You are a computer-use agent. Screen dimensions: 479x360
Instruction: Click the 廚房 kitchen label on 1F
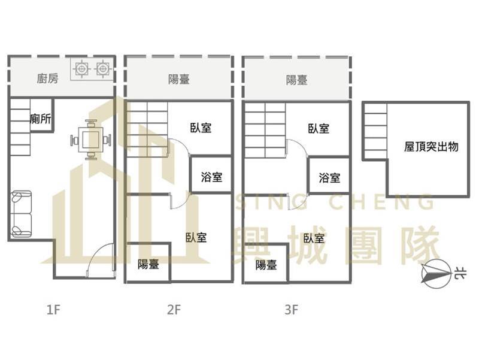coord(47,78)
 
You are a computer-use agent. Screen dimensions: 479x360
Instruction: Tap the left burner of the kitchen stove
coord(81,69)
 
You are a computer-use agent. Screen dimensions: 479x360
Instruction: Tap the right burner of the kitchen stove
coord(102,69)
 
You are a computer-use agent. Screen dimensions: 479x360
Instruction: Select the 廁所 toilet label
coord(40,119)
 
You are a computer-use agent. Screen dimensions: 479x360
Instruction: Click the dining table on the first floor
coord(91,140)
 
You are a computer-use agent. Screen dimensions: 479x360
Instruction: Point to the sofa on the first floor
coord(22,214)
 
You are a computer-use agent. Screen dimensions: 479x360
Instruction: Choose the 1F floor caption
coord(53,310)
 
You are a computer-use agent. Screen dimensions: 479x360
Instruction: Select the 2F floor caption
coord(174,310)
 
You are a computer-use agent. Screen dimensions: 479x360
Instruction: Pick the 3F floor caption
coord(291,310)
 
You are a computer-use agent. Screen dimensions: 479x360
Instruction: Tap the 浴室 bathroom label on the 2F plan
coord(211,177)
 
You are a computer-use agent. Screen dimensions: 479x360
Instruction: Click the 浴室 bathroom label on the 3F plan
coord(329,177)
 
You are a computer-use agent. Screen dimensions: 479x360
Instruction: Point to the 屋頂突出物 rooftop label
coord(431,147)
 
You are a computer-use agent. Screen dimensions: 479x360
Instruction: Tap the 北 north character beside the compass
coord(460,273)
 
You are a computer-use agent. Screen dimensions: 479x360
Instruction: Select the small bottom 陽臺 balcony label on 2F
coord(148,264)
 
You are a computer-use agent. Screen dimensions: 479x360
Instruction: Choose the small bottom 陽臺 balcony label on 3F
coord(266,265)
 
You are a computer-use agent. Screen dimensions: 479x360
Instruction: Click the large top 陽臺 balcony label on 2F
coord(178,80)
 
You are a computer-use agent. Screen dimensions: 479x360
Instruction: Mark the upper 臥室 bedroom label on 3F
coord(319,129)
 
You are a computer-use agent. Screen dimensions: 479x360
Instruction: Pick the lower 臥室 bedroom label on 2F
coord(196,237)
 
